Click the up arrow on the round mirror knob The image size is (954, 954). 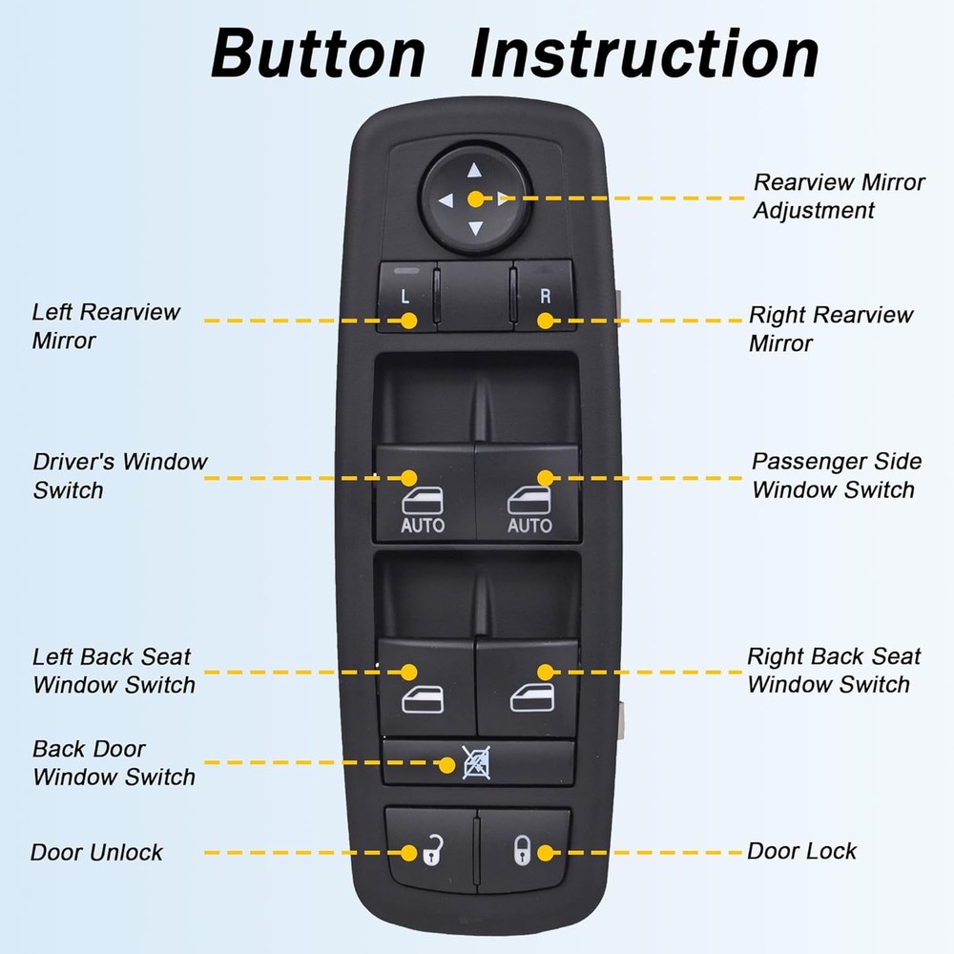[x=476, y=172]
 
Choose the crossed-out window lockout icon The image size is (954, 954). [x=474, y=763]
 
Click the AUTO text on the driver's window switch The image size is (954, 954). [x=423, y=526]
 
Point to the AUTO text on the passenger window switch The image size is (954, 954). [x=529, y=526]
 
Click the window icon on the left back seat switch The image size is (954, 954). [x=423, y=701]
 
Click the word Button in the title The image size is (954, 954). [x=317, y=54]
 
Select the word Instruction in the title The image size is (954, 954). [x=645, y=54]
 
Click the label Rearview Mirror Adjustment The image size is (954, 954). [x=839, y=196]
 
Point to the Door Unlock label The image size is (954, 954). [x=96, y=852]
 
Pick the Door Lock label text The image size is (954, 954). [x=801, y=851]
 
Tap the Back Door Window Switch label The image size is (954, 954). [x=114, y=763]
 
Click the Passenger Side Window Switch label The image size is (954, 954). [x=836, y=475]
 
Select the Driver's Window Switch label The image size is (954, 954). [x=119, y=475]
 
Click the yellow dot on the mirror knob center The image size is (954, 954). [x=475, y=200]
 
